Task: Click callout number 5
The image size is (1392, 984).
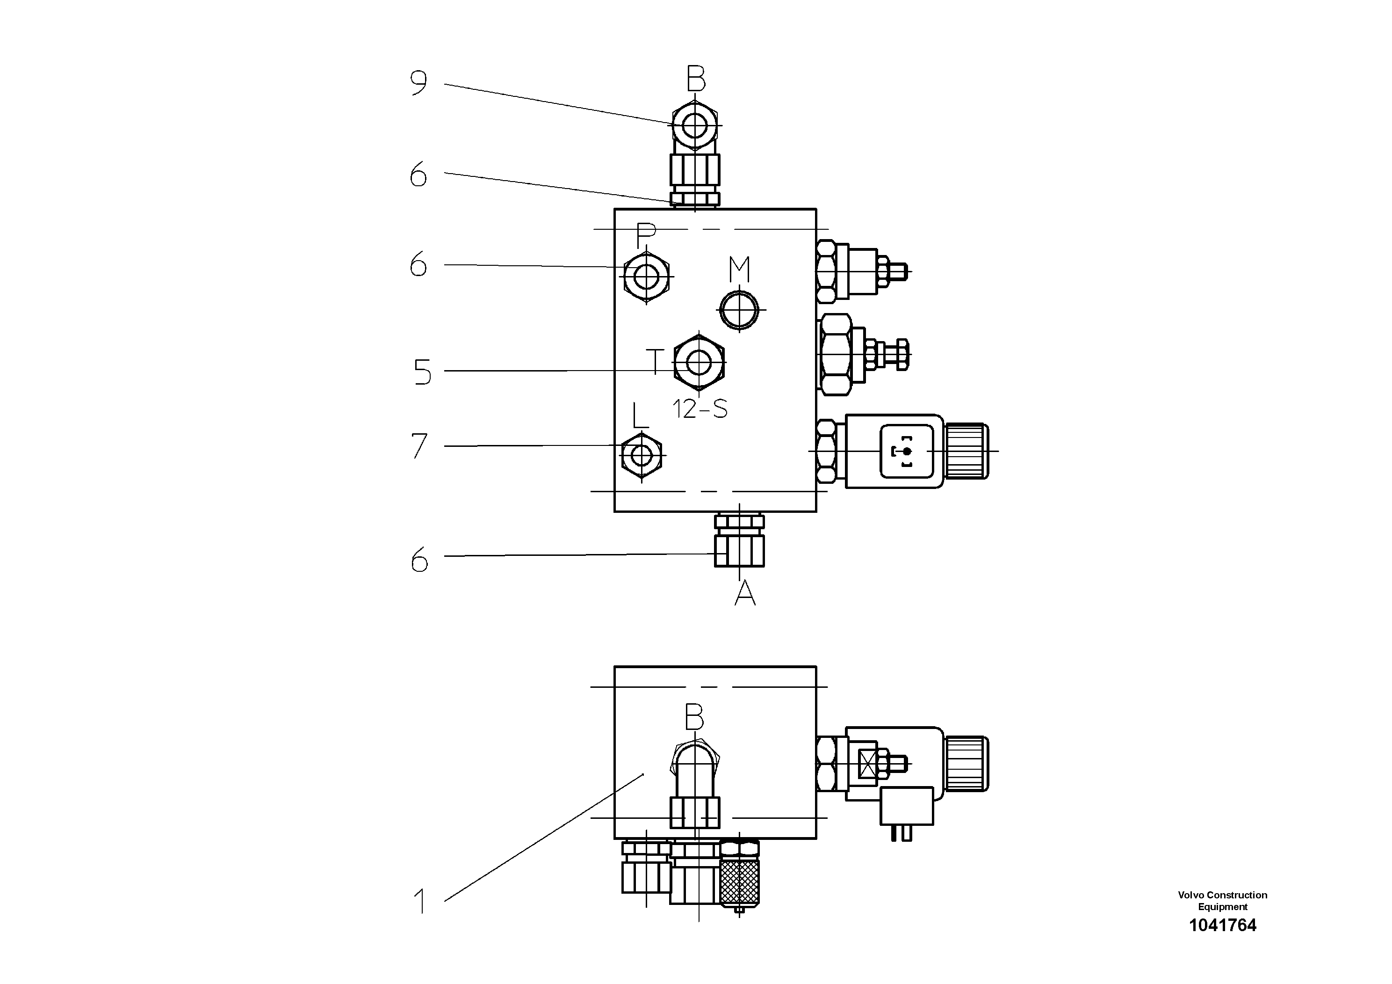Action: point(423,372)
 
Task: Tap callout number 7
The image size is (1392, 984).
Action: point(419,446)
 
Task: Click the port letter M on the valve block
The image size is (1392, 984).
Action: point(739,270)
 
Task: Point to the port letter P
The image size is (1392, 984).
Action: point(646,235)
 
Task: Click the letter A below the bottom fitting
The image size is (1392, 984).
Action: point(745,593)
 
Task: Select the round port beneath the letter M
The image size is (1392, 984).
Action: point(739,310)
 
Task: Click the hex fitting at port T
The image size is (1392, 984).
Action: point(700,363)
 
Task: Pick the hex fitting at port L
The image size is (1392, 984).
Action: point(642,454)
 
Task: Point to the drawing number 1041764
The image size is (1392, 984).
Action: point(1222,925)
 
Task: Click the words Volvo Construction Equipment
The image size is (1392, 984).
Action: point(1222,901)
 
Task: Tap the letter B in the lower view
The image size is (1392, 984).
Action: point(694,718)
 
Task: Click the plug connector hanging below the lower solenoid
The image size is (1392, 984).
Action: point(906,807)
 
